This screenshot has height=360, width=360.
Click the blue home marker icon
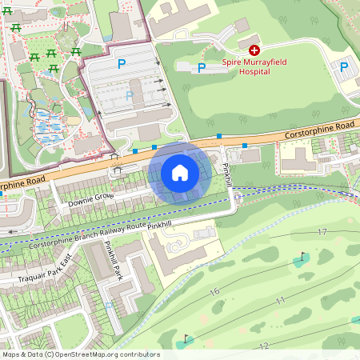click(180, 173)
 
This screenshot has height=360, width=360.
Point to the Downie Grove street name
click(90, 198)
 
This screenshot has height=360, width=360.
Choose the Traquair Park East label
click(45, 268)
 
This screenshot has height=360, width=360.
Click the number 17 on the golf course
click(322, 232)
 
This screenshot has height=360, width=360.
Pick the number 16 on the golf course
click(214, 292)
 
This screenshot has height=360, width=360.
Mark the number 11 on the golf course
click(280, 301)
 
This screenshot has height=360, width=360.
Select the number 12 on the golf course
click(264, 346)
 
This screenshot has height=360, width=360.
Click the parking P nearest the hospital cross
click(202, 68)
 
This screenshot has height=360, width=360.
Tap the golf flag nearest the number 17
click(302, 258)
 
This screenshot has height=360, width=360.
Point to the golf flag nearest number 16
click(186, 339)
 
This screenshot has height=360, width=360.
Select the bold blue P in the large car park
click(122, 63)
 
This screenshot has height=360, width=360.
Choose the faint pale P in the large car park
click(129, 95)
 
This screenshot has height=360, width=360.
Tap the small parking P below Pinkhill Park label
click(109, 305)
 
